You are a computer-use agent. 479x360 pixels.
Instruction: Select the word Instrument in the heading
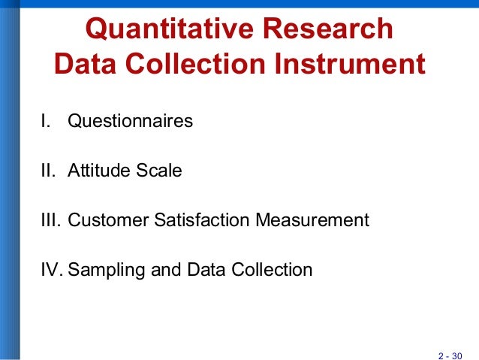tap(351, 65)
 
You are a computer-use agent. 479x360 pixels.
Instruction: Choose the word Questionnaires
tap(131, 121)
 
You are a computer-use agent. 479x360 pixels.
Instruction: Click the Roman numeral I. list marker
tap(46, 121)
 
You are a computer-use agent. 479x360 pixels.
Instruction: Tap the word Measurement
tap(313, 220)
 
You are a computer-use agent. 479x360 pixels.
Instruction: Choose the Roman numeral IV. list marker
tap(51, 270)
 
